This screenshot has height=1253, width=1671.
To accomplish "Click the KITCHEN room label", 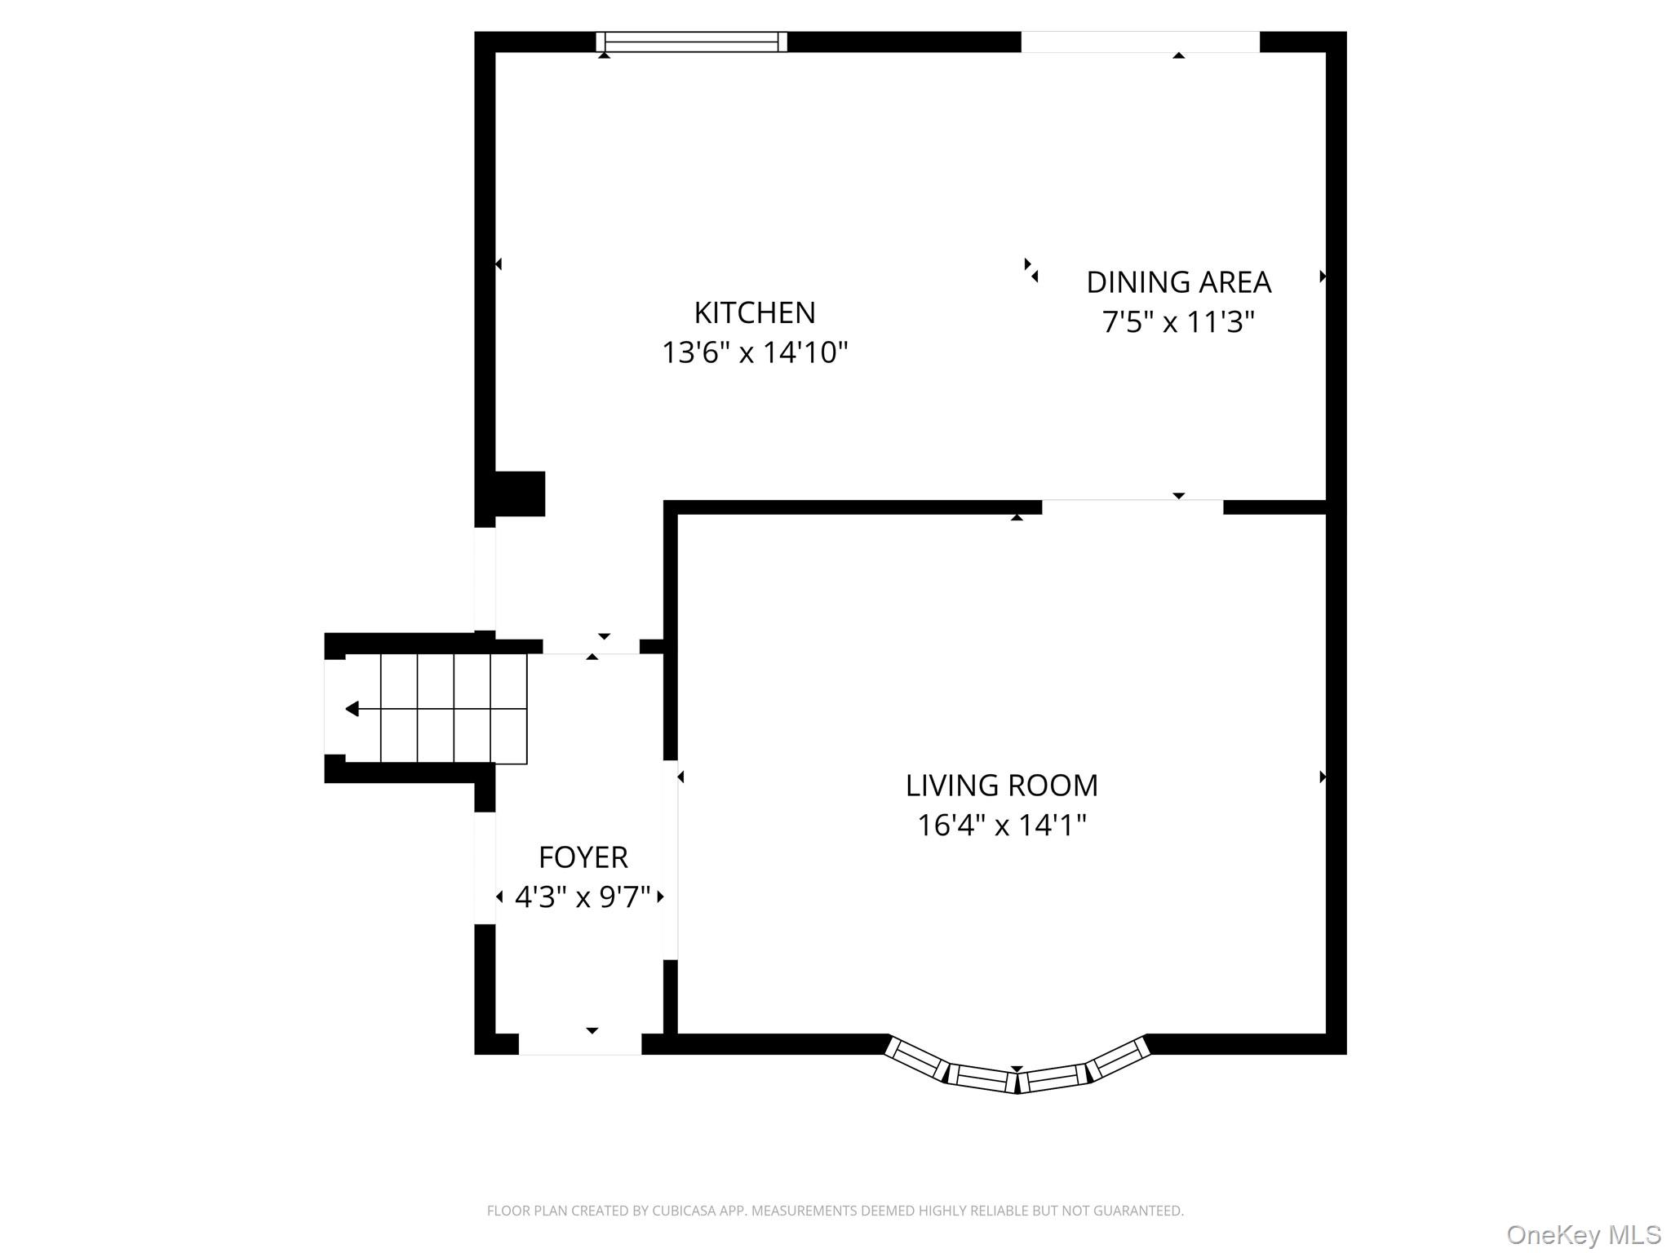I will point(754,312).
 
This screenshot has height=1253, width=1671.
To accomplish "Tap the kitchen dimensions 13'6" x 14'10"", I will point(754,352).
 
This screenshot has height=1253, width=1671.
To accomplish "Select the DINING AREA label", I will point(1178,282).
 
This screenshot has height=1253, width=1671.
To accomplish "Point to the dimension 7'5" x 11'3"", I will point(1177,322).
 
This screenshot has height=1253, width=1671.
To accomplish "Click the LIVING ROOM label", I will point(1001,786).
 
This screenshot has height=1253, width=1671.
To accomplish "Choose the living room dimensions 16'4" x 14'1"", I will point(1001,826).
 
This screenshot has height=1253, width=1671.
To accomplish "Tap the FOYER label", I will point(583,857).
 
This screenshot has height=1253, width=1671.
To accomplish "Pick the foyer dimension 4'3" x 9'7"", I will point(583,897).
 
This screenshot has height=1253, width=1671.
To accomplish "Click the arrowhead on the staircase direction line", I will point(352,709).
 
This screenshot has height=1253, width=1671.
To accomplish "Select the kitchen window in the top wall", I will point(691,42).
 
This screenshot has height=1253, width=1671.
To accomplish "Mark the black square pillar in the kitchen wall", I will point(520,494).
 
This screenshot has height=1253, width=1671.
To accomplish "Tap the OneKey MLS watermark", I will point(1583,1234).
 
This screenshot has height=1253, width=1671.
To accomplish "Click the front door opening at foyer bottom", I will point(580,1044).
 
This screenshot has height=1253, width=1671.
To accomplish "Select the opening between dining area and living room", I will point(1132,507).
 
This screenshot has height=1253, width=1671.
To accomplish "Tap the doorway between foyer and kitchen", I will point(591,646).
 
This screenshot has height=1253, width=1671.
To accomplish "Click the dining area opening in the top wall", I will point(1140,42).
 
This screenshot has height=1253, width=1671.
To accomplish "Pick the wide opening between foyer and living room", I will point(671,860).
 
